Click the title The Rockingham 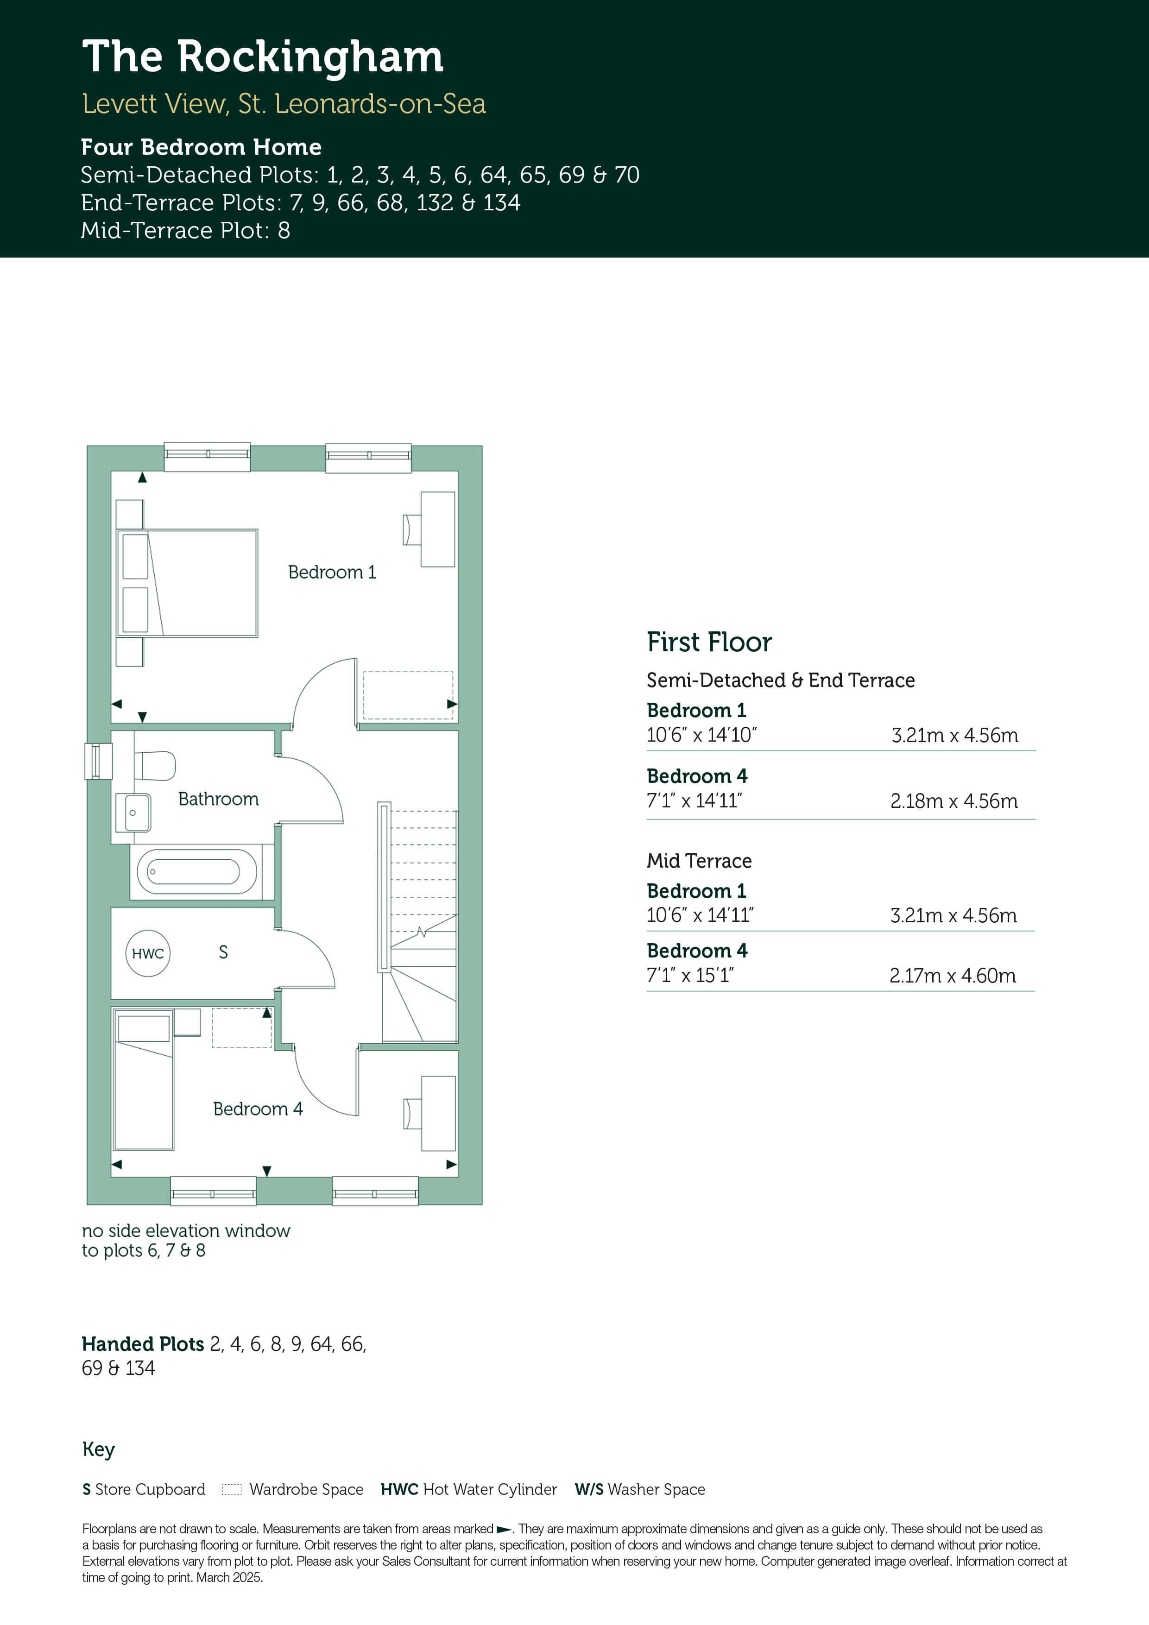[263, 57]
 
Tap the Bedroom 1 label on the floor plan [332, 572]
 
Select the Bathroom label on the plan [218, 799]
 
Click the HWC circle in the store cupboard [148, 953]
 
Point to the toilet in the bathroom [154, 765]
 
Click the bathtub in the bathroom [197, 871]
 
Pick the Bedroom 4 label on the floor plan [258, 1109]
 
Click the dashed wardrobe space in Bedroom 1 [408, 695]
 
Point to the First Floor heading [709, 642]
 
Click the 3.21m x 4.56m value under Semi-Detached [955, 735]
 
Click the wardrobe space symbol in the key [232, 1489]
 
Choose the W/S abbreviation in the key [589, 1489]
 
